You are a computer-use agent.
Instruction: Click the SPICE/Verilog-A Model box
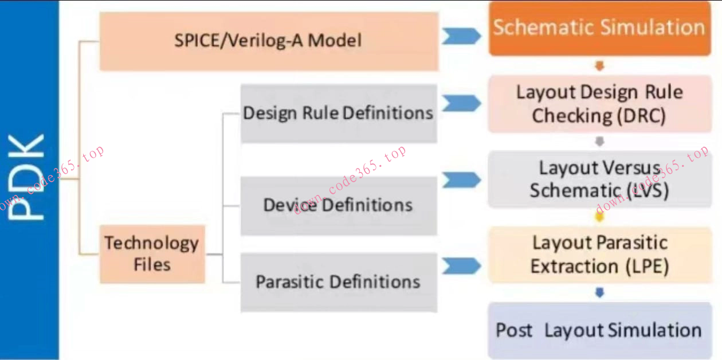coord(268,41)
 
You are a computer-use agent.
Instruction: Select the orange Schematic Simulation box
coord(599,28)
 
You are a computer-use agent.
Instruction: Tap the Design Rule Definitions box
coord(338,113)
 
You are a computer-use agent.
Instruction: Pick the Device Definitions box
coord(338,205)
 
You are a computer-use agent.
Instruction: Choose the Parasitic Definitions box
coord(338,282)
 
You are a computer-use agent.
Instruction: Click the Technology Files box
coord(152,254)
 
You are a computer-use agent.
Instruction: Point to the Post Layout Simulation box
coord(599,330)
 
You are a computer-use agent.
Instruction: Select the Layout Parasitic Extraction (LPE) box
coord(599,255)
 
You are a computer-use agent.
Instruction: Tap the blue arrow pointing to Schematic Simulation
coord(461,36)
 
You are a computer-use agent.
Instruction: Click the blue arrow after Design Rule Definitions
coord(461,103)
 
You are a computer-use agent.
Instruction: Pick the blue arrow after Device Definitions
coord(461,180)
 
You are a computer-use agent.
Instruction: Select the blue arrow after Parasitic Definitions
coord(461,265)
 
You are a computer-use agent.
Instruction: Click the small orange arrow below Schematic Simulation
coord(599,66)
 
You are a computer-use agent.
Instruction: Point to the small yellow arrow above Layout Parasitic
coord(599,217)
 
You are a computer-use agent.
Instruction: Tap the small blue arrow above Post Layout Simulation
coord(599,293)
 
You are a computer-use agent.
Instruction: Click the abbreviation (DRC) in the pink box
coord(641,116)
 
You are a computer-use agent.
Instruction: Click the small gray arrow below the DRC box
coord(599,142)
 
